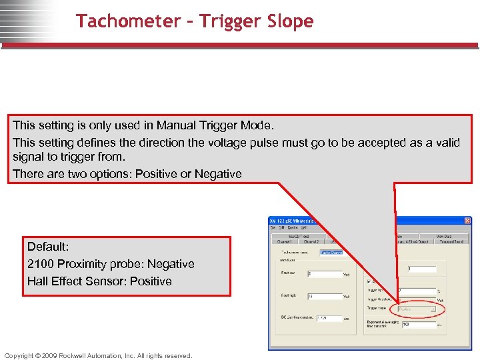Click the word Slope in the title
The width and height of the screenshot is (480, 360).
[x=289, y=21]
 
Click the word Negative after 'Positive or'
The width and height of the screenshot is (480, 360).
[x=218, y=174]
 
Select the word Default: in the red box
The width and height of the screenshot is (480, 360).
[x=48, y=247]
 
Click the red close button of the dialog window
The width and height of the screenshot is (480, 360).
[x=467, y=221]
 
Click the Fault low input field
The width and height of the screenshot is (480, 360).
[x=323, y=274]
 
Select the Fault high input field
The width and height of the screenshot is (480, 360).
[x=323, y=296]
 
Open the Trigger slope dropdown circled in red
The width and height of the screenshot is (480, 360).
[x=417, y=309]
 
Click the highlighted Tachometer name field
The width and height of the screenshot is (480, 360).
[x=331, y=253]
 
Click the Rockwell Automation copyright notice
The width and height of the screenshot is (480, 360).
[x=98, y=355]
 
